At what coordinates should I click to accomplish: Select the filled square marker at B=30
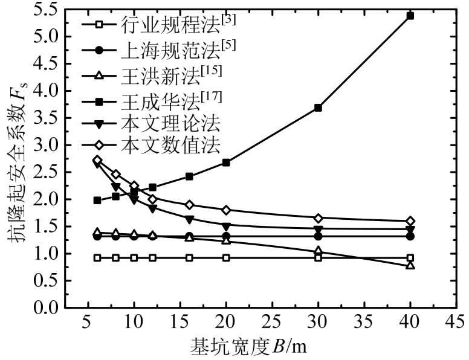[x=318, y=108]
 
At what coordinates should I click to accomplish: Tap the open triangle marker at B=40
[x=410, y=265]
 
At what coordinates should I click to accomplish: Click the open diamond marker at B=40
[x=410, y=221]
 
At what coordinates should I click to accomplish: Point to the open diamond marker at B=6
[x=97, y=160]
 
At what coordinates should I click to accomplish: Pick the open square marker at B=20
[x=226, y=258]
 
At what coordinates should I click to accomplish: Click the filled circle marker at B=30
[x=318, y=236]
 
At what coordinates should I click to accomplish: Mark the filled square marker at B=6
[x=97, y=200]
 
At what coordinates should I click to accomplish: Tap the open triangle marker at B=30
[x=318, y=251]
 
